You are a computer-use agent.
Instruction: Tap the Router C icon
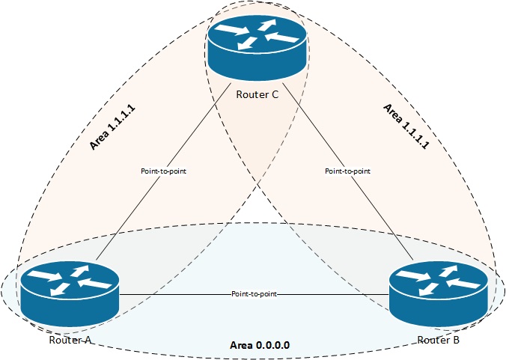click(257, 46)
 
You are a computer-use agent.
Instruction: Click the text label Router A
click(70, 341)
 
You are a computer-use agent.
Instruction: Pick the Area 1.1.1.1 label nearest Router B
click(403, 121)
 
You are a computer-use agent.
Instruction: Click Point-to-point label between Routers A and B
click(254, 294)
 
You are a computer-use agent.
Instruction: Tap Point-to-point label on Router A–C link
click(163, 171)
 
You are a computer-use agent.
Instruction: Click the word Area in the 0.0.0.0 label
click(240, 346)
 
